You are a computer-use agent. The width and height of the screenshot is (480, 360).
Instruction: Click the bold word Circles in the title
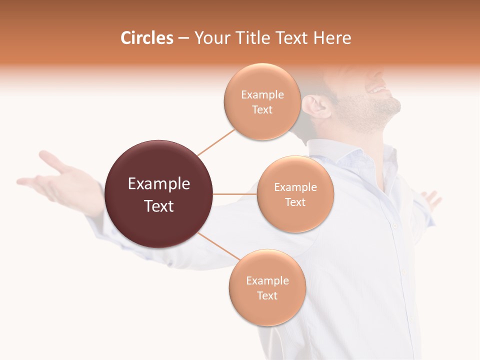[147, 38]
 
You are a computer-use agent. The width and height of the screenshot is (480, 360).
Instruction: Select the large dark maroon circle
[159, 194]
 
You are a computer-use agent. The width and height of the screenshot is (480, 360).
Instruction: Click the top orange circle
[262, 102]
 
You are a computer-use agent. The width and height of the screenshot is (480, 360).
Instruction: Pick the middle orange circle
[295, 194]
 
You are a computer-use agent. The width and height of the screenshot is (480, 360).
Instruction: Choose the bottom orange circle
[267, 288]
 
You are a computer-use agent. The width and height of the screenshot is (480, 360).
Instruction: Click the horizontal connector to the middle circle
[235, 194]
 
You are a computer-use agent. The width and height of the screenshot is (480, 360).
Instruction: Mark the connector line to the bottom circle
[219, 246]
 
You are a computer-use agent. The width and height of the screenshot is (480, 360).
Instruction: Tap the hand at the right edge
[431, 199]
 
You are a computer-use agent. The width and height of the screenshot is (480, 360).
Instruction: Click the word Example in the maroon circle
[159, 184]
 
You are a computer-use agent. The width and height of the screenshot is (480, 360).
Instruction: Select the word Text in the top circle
[262, 110]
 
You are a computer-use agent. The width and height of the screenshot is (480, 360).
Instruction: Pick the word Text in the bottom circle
[267, 296]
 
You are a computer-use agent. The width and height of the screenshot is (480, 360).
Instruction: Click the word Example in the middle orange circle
[295, 187]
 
